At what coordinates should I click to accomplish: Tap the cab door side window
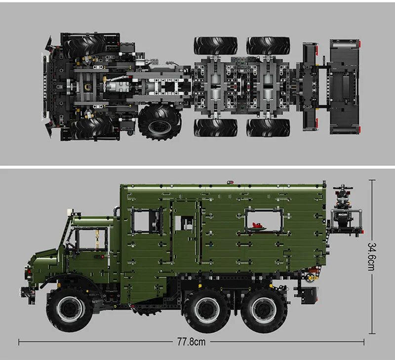(91, 240)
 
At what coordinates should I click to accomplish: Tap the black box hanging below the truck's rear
(306, 295)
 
